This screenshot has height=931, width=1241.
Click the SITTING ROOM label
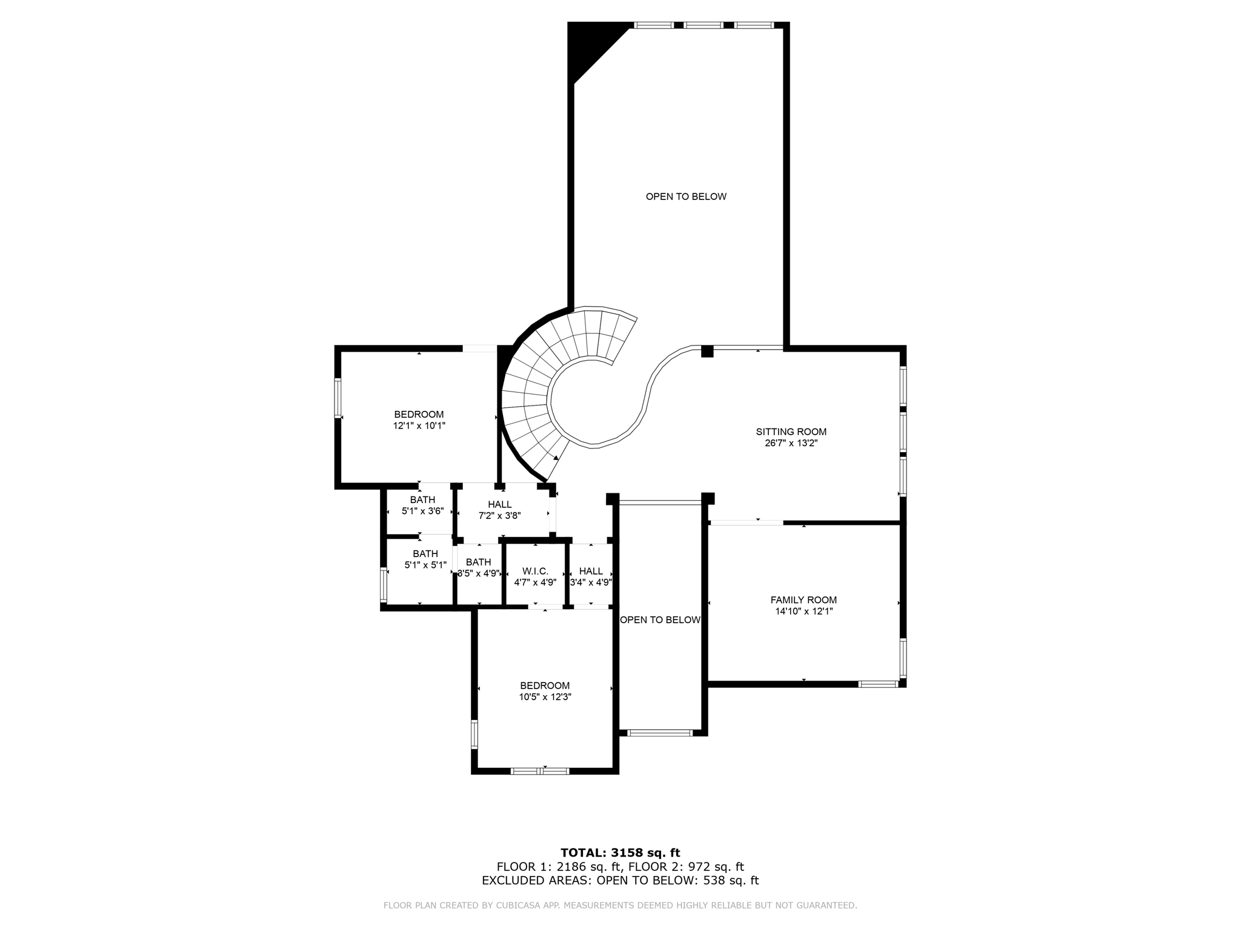[791, 432]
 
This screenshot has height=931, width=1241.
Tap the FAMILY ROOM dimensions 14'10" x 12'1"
[803, 611]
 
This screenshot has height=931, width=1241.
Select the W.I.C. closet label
[535, 571]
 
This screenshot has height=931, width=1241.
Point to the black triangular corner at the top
[591, 45]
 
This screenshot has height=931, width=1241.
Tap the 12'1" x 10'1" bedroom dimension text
[419, 425]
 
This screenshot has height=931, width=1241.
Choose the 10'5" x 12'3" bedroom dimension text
[545, 697]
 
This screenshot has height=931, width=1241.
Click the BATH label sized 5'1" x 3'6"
[422, 500]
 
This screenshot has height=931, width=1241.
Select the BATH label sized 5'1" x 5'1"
[425, 554]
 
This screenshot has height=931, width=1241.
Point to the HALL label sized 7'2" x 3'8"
[499, 504]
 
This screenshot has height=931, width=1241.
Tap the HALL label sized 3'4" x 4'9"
[591, 571]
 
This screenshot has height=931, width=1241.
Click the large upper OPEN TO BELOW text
[685, 196]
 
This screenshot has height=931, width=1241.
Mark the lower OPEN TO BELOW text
[660, 620]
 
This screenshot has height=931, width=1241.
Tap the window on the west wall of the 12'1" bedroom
[338, 398]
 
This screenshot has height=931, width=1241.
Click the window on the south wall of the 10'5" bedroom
[540, 771]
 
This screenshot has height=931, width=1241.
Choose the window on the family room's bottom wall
[878, 684]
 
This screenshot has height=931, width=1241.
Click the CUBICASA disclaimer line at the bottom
[620, 906]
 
